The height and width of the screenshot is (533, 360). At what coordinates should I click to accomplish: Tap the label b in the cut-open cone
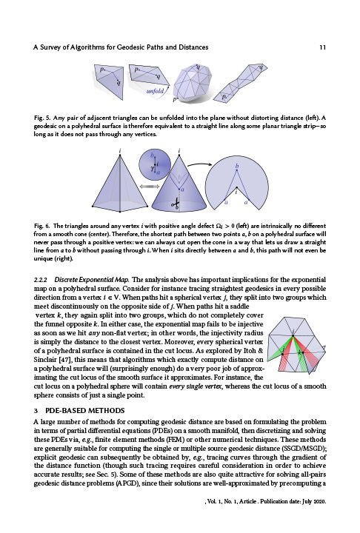pyautogui.click(x=236, y=167)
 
